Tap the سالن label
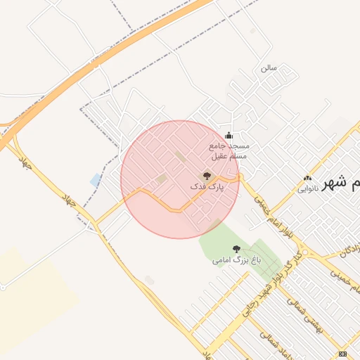(269, 68)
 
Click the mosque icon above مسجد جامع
(228, 136)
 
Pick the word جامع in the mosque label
(219, 146)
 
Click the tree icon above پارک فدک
(207, 176)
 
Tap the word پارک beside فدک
(214, 188)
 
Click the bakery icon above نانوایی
(307, 178)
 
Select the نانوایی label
(308, 188)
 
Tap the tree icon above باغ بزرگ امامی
(236, 249)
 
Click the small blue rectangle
(96, 180)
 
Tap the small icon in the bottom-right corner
(342, 354)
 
